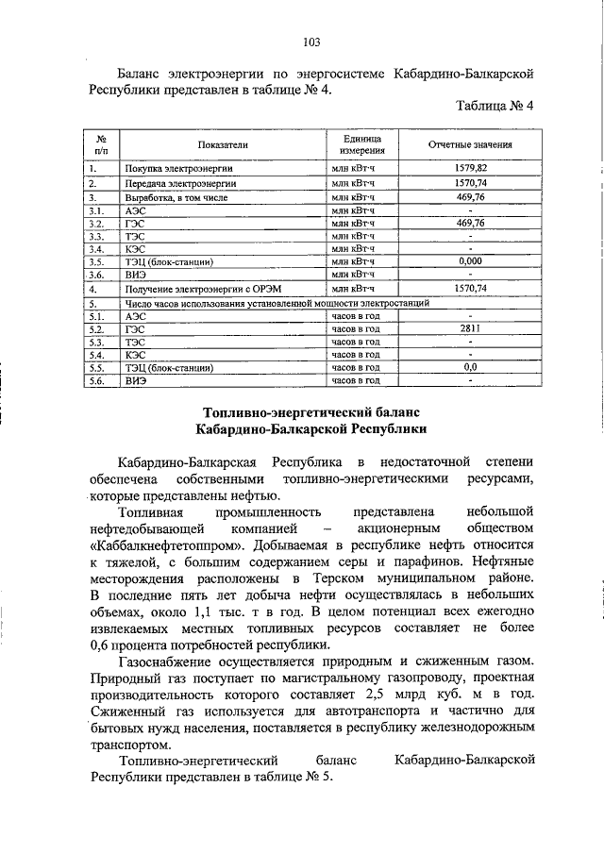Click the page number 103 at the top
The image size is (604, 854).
pos(312,41)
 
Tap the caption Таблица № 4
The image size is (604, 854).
pos(495,106)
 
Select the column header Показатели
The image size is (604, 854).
pos(223,145)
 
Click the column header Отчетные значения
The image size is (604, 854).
pos(469,145)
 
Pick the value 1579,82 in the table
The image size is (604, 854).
pos(469,167)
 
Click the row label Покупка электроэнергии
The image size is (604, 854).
pos(174,168)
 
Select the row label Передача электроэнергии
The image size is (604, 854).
pos(174,182)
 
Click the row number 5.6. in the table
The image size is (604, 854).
pos(96,381)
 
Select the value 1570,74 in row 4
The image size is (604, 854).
pos(469,288)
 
